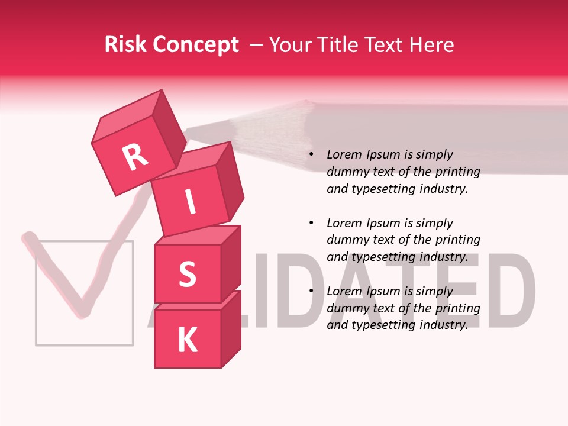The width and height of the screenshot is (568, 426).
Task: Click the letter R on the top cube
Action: coord(135,157)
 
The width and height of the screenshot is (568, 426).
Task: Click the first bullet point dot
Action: coord(311,155)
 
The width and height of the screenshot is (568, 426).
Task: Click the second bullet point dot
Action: coord(311,223)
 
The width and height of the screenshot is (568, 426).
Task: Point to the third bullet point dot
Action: coord(311,291)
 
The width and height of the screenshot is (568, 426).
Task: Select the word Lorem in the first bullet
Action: coord(343,154)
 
